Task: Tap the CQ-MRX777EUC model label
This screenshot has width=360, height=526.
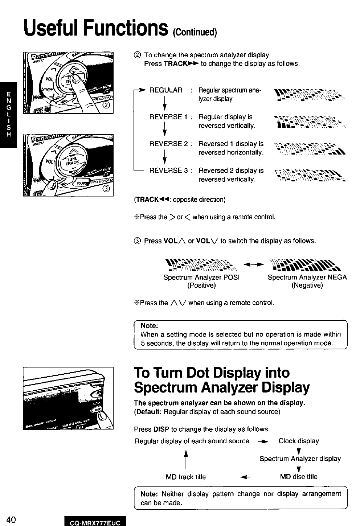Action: coord(95,522)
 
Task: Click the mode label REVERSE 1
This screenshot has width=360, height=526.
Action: coord(168,117)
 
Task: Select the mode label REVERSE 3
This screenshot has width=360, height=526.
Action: coord(168,170)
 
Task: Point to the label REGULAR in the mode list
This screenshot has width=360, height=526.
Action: coord(166,90)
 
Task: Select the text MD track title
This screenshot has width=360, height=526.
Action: coord(186,477)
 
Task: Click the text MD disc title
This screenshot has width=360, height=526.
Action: coord(299,477)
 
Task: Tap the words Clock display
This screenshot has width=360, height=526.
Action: coord(299,441)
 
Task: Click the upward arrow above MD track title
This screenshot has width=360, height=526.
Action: coord(185,459)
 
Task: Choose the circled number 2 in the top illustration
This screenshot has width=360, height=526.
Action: coord(106,106)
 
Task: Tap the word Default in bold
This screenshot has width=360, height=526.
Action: coord(149,412)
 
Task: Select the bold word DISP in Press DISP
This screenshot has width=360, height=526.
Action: coord(161,429)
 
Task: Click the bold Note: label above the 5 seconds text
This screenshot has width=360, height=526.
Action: coord(149,326)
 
